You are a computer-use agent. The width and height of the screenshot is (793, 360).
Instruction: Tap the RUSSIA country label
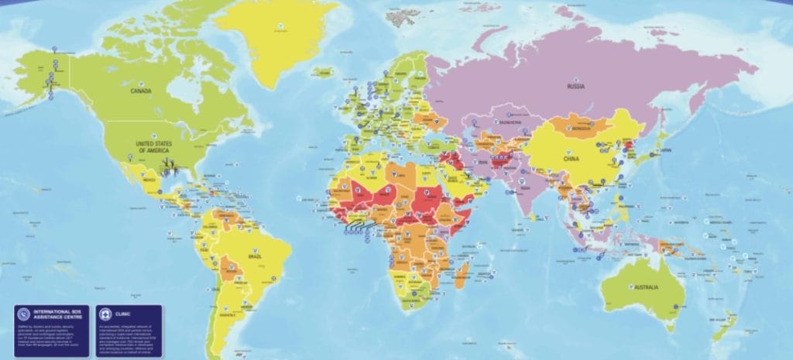575,87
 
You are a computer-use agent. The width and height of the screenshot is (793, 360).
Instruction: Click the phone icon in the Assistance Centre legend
24,316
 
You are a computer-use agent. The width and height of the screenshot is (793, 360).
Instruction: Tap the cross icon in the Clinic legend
106,316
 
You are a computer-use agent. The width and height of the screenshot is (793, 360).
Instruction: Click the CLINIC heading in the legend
124,315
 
